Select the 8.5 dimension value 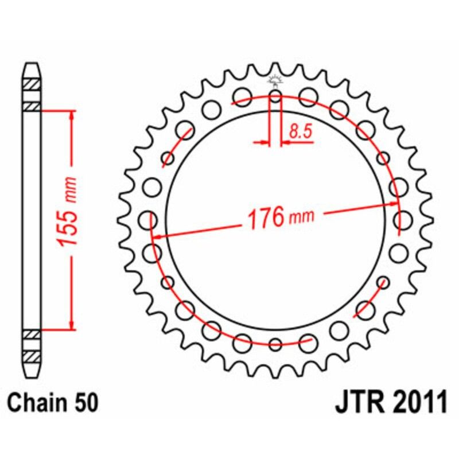click(300, 132)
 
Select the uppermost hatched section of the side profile click(32, 85)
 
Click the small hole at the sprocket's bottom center click(275, 344)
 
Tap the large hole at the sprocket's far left click(148, 219)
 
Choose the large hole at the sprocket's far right click(404, 219)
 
